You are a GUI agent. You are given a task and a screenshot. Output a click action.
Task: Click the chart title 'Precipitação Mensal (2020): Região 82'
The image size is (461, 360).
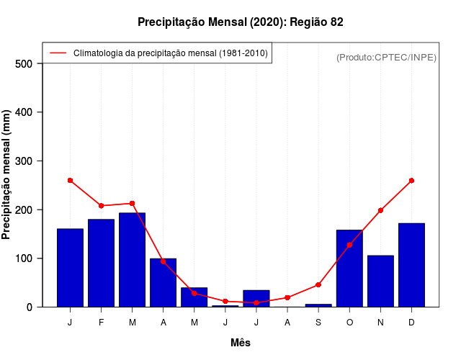[241, 22]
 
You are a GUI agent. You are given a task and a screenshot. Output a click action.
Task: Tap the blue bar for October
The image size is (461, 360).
[349, 268]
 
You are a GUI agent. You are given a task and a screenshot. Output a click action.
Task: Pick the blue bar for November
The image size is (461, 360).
[380, 281]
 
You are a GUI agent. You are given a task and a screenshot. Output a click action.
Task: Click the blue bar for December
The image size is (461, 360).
[411, 265]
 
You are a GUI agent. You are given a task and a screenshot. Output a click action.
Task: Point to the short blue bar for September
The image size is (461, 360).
[318, 305]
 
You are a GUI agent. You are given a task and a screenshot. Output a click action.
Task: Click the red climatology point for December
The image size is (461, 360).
[411, 181]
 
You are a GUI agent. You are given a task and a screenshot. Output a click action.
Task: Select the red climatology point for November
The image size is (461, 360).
[380, 210]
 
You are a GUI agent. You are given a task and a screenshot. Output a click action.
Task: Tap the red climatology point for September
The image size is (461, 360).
[318, 285]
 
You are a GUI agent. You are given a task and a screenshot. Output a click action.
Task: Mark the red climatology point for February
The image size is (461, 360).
[102, 206]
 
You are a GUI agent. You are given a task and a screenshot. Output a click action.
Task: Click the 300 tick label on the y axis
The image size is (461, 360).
[24, 161]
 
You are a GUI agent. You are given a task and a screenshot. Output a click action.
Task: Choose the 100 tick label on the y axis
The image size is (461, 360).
[24, 258]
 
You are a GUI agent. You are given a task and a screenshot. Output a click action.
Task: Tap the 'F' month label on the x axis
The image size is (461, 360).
[102, 323]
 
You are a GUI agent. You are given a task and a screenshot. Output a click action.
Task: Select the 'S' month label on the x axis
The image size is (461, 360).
[318, 323]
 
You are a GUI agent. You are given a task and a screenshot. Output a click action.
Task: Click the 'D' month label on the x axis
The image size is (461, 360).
[411, 323]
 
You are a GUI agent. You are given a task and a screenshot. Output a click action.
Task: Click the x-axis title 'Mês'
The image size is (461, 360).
[241, 343]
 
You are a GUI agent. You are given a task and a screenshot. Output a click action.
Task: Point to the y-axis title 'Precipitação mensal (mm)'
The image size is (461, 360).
[6, 175]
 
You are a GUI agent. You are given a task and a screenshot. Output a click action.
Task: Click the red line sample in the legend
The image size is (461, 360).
[58, 53]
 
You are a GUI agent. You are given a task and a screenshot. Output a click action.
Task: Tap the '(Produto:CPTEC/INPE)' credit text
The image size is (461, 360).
[386, 57]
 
